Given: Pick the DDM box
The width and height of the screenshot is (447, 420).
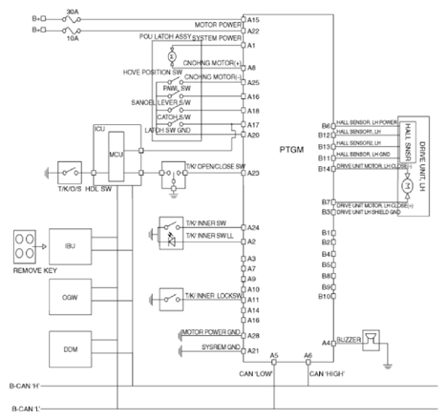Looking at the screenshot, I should pos(70,350).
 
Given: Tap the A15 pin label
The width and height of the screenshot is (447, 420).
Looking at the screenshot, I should pos(253,19).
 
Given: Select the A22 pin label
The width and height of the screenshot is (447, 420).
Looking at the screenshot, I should pos(253,31).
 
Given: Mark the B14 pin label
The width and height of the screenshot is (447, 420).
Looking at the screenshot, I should pos(325,168).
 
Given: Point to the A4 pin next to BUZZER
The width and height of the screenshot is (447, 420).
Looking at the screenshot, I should pos(327,341).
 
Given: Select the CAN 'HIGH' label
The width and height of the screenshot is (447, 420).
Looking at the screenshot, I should pos(328,374).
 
